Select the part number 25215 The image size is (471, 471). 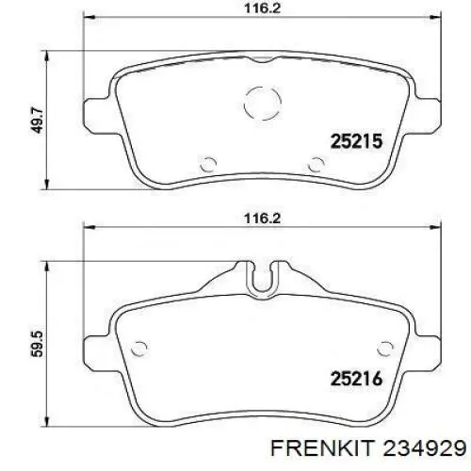pos(355,141)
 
